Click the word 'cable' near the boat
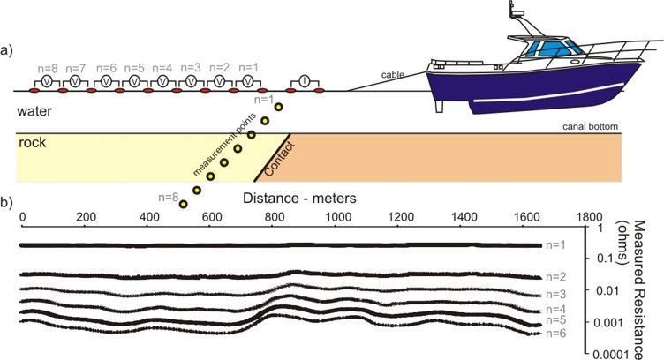tap(393, 75)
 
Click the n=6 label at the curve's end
tap(555, 334)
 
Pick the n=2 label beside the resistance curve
tap(555, 276)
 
